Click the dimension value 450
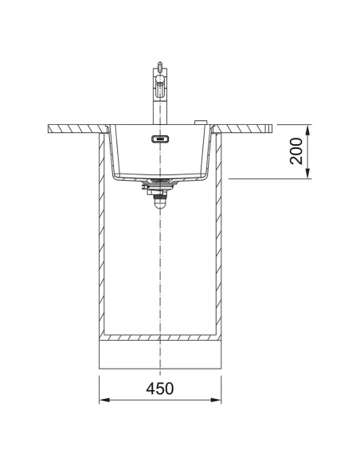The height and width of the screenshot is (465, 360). pyautogui.click(x=160, y=389)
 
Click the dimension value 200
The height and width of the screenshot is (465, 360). pyautogui.click(x=296, y=151)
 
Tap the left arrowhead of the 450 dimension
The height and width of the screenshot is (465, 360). pyautogui.click(x=104, y=400)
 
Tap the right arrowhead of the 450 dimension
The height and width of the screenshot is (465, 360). pyautogui.click(x=216, y=400)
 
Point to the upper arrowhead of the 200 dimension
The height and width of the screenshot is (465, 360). pyautogui.click(x=307, y=130)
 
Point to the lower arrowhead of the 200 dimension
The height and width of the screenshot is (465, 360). pyautogui.click(x=307, y=174)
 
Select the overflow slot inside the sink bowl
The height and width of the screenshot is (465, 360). pyautogui.click(x=160, y=139)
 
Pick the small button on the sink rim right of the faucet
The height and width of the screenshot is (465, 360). pyautogui.click(x=201, y=123)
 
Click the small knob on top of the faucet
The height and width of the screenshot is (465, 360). pyautogui.click(x=160, y=65)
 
